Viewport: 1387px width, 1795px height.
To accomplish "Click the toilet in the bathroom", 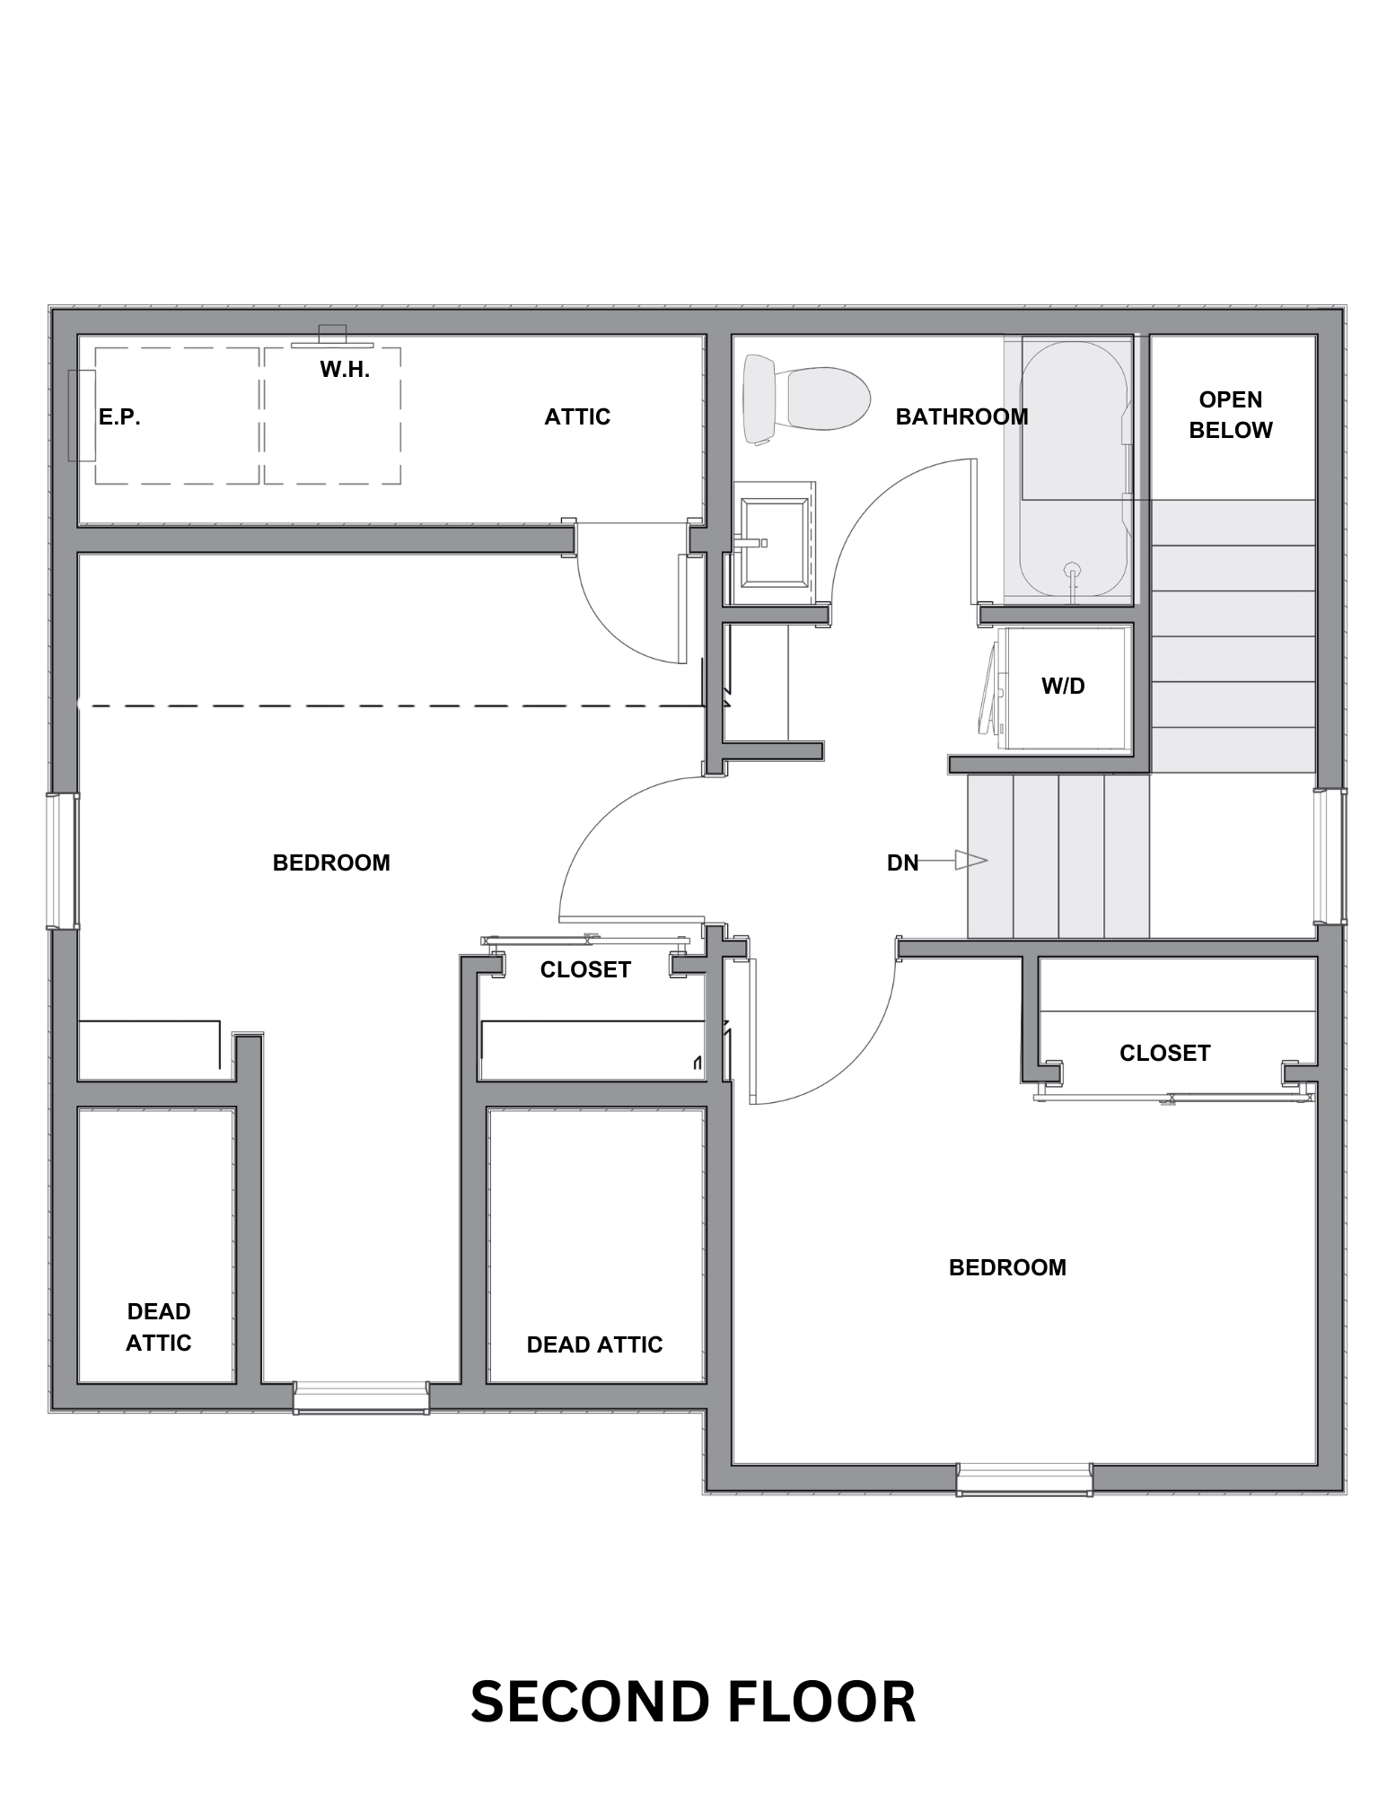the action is point(807,398).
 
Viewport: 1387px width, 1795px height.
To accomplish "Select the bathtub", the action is point(1074,468).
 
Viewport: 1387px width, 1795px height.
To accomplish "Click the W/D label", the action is point(1063,687).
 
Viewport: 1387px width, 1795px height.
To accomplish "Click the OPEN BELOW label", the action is point(1230,415).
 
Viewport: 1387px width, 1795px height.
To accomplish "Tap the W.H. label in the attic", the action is point(345,369).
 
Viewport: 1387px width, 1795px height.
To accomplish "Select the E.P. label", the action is point(119,417).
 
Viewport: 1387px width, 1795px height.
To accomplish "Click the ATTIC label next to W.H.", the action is point(577,416).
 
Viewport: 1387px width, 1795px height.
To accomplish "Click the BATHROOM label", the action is point(961,416).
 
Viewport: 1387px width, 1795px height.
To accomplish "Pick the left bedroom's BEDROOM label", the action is point(331,862).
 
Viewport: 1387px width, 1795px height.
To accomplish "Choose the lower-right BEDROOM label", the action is point(1007,1267).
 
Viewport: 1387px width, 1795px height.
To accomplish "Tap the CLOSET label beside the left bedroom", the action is point(585,969).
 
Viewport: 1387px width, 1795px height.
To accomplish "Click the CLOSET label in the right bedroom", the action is point(1164,1053).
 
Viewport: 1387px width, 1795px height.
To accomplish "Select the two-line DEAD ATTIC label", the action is point(159,1327).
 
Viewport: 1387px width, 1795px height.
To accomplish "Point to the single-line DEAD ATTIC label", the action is point(594,1344).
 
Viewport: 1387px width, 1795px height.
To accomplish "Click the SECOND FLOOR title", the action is point(693,1702).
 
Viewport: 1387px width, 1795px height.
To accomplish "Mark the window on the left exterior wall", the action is point(63,861).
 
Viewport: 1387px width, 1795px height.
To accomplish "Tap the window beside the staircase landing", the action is point(1330,856).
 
